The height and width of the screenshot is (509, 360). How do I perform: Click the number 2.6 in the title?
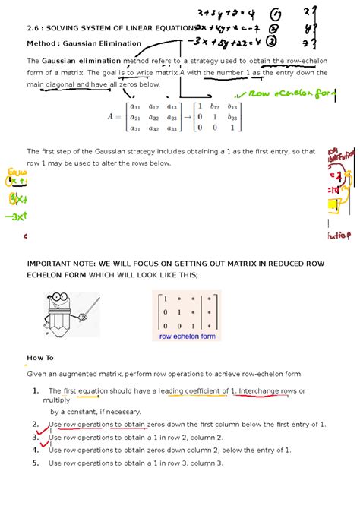33,27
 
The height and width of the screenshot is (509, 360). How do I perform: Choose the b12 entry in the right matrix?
221,106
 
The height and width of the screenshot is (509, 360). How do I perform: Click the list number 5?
36,463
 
